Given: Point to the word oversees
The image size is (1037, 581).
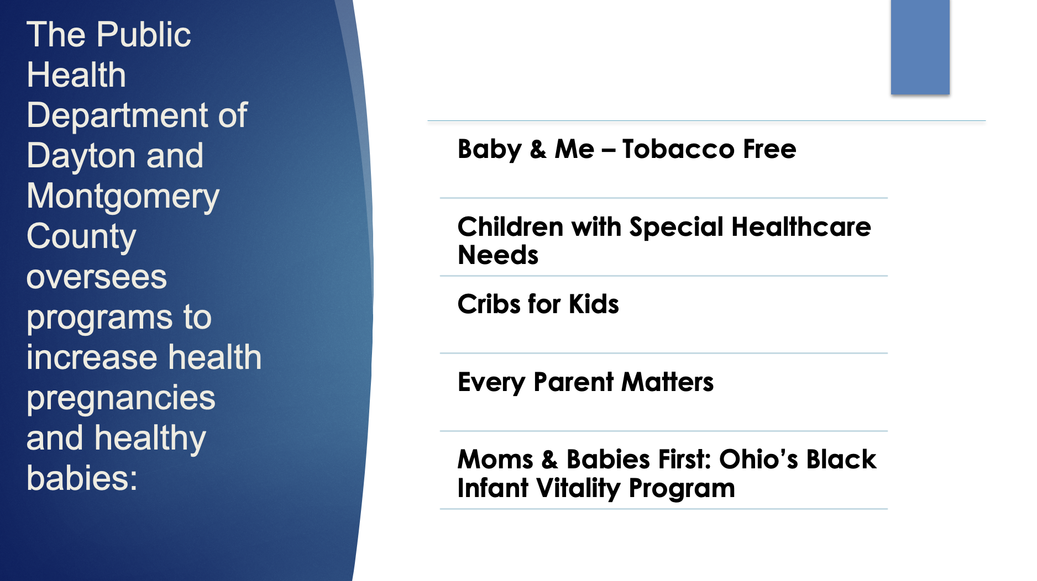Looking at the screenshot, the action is [x=97, y=277].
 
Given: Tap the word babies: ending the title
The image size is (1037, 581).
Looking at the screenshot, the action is [x=82, y=478].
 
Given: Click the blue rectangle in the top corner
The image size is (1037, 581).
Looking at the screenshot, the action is [x=920, y=47].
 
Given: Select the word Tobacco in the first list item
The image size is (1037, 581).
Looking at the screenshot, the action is [x=678, y=149].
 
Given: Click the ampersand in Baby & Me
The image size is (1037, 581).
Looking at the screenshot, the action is [x=538, y=150].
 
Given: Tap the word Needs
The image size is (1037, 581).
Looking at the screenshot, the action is [x=498, y=255].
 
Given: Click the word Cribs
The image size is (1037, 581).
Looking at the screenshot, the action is [x=489, y=304].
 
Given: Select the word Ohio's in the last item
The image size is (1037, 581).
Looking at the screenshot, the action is [x=758, y=459].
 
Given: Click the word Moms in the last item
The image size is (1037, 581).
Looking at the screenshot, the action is [x=495, y=459].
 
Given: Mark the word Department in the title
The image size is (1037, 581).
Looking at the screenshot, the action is [x=118, y=116].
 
